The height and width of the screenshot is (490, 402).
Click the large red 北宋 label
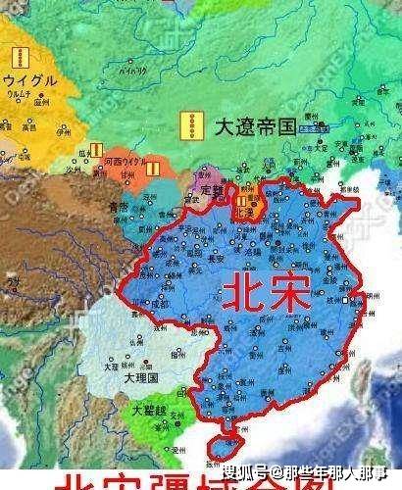(262, 291)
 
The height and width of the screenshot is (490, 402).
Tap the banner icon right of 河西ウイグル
(154, 168)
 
